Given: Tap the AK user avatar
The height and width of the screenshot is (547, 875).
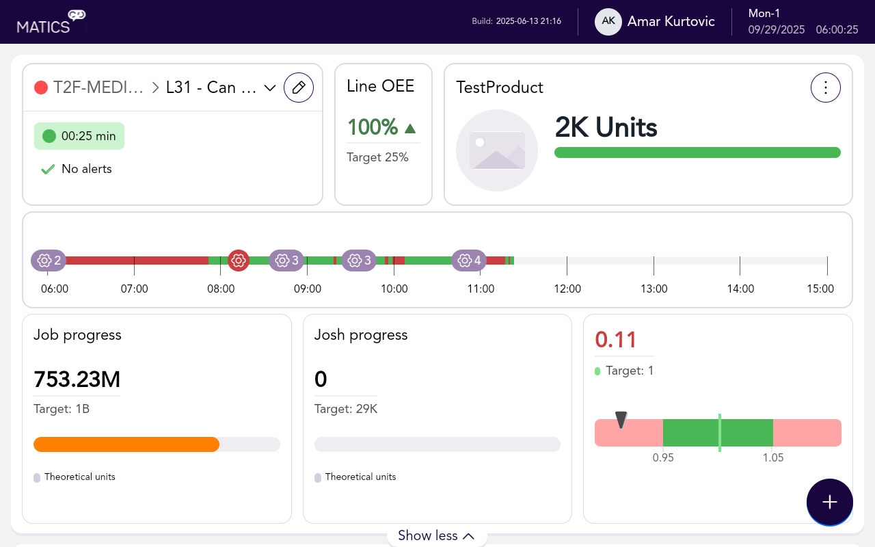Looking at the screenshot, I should (x=608, y=21).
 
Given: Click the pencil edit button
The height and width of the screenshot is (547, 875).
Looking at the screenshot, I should (x=299, y=88).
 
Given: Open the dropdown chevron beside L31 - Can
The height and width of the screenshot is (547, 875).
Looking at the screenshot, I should (x=269, y=88).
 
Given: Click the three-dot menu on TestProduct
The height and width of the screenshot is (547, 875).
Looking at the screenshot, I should (x=825, y=88).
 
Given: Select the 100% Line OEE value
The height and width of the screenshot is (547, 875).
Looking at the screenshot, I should (x=373, y=127).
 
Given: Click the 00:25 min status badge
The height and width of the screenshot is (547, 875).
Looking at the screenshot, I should (x=79, y=136).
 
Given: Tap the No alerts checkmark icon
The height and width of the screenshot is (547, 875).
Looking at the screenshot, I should (x=48, y=169).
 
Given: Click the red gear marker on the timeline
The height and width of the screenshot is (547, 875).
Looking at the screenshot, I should (x=239, y=261).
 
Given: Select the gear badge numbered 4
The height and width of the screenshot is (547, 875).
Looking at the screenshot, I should (x=469, y=261).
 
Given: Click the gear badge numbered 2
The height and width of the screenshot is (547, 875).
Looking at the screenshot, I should (x=49, y=261).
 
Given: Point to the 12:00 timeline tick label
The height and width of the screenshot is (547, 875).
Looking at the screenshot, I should (x=567, y=289).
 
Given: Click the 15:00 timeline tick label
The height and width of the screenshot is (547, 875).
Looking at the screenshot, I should (x=820, y=289).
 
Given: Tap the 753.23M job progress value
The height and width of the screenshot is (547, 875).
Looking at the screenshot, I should (x=77, y=379).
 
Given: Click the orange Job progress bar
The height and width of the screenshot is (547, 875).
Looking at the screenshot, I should (x=126, y=444).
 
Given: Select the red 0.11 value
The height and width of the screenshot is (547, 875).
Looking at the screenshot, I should (x=616, y=340).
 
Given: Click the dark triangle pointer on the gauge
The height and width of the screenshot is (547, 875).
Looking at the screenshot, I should (x=621, y=419).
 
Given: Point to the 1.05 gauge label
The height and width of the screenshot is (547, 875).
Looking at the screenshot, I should (x=773, y=458).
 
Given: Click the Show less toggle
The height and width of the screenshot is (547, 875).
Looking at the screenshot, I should (x=436, y=535).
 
